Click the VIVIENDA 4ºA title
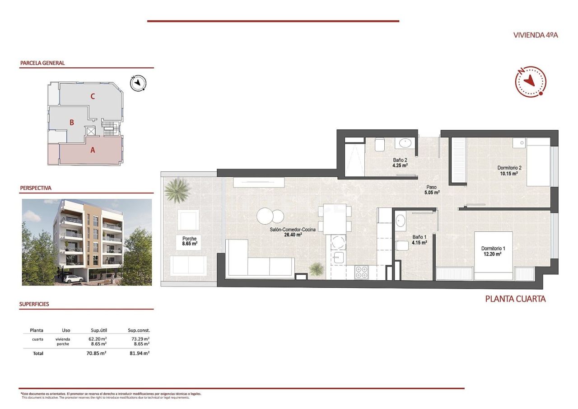536,35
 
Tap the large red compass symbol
531,81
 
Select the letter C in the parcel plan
92,96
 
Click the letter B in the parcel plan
71,122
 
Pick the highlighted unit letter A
93,150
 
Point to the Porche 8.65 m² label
189,241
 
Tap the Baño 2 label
400,162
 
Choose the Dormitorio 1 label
493,251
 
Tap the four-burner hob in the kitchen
361,272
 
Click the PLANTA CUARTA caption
515,299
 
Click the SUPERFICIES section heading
34,304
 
